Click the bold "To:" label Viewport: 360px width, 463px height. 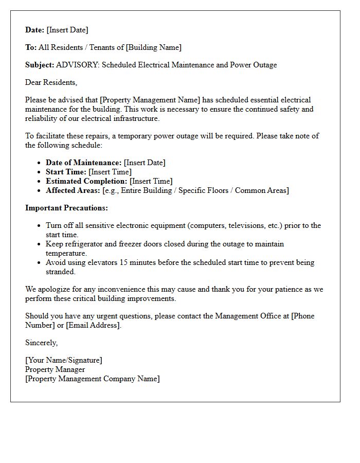[31, 47]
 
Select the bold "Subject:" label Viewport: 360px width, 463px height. [40, 65]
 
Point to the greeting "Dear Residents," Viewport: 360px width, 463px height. [51, 82]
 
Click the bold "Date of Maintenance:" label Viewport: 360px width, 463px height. [83, 163]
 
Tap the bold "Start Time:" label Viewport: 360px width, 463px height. [66, 172]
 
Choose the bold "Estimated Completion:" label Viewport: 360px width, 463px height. [86, 181]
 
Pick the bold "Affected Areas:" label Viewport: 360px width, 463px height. [73, 190]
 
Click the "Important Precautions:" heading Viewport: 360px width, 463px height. [66, 208]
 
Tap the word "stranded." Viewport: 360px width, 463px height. [60, 272]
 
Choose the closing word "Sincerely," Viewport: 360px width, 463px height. [42, 343]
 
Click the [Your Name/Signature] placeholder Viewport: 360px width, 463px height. [63, 360]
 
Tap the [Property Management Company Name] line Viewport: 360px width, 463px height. [93, 379]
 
